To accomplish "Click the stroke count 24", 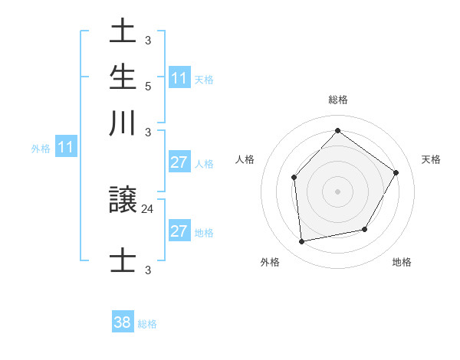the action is click(x=148, y=207).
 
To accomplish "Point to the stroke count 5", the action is click(x=148, y=85).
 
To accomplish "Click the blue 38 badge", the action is click(x=123, y=322).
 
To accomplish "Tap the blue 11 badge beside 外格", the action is click(x=65, y=148).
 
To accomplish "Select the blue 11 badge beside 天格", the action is click(x=179, y=78).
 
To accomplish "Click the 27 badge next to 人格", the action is click(x=179, y=162).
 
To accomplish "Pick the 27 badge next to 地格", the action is click(x=179, y=232).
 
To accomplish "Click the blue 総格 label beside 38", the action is click(x=147, y=324).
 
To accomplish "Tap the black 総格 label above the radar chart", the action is click(x=337, y=100).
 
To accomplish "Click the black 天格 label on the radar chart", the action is click(x=431, y=159).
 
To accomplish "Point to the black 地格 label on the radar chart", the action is click(x=402, y=262).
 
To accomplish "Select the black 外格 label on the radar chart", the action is click(x=270, y=262).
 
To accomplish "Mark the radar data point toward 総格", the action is click(x=337, y=130).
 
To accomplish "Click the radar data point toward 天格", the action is click(x=396, y=172).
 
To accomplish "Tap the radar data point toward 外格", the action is click(x=302, y=241).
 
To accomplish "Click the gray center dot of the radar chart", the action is click(x=337, y=191).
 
